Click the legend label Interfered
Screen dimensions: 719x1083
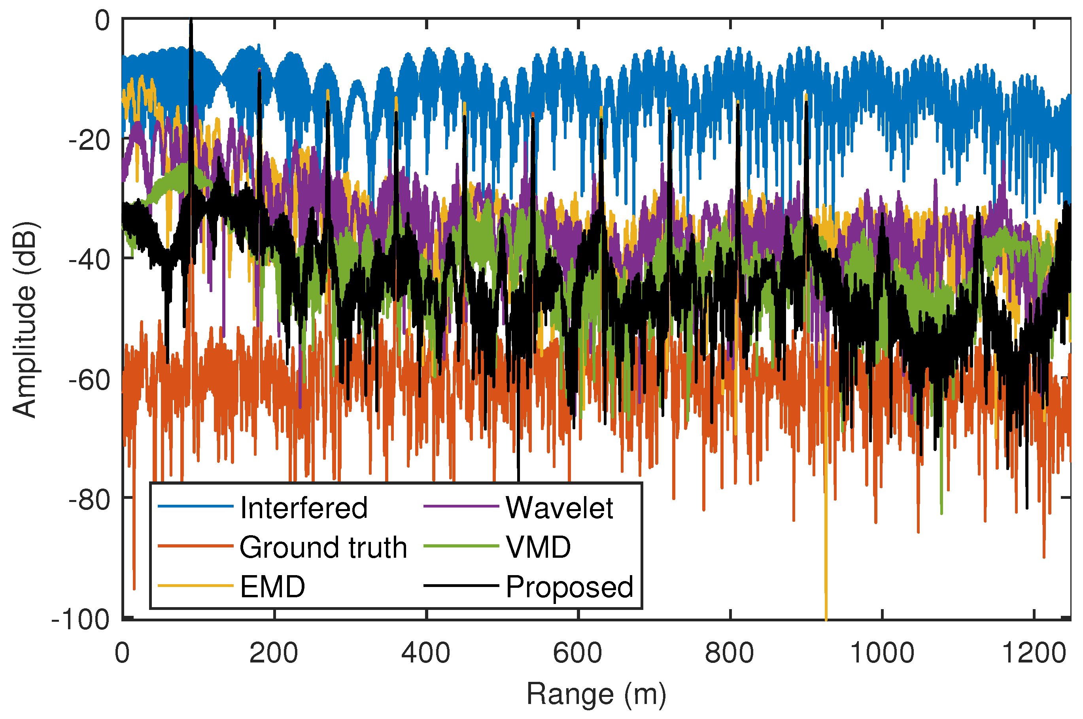pos(304,508)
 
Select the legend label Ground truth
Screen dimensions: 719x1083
pos(323,547)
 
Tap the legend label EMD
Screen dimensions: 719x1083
pos(272,587)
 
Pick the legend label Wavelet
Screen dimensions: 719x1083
pos(559,508)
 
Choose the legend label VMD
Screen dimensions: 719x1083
pos(538,547)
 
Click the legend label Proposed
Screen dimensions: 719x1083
pos(569,587)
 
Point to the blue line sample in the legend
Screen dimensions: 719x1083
pos(196,506)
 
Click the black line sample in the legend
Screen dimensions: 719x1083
pos(461,585)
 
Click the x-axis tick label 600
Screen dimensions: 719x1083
pos(578,653)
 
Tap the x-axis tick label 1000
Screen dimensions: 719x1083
pos(882,653)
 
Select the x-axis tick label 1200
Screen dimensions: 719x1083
pos(1034,653)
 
